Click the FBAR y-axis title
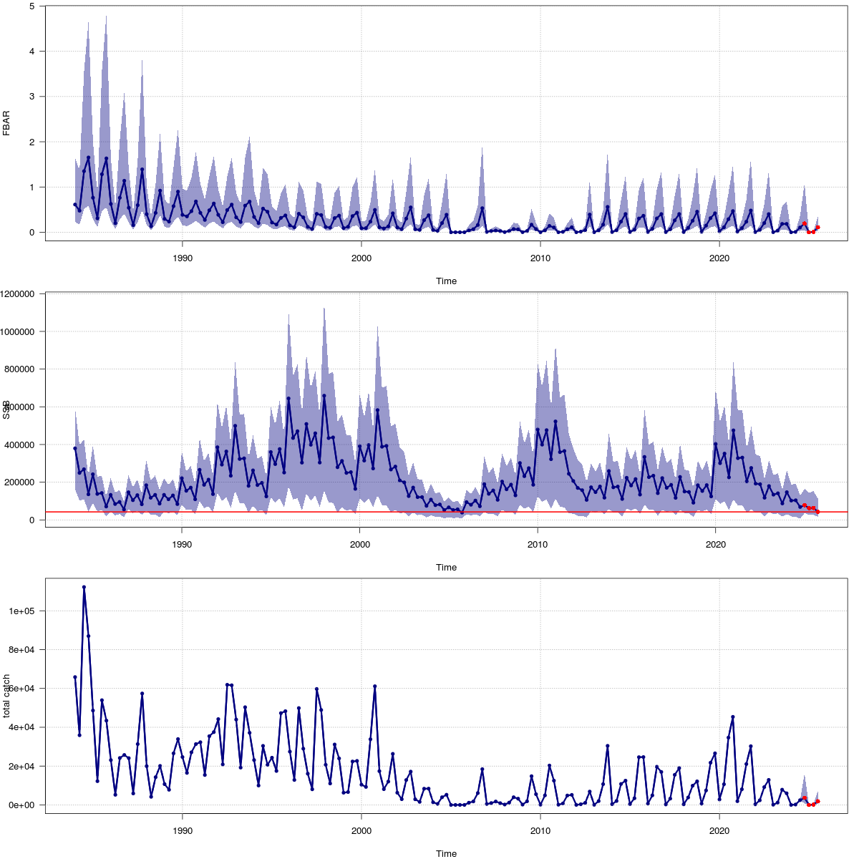pyautogui.click(x=6, y=123)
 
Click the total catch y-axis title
pyautogui.click(x=6, y=696)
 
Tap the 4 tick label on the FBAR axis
pyautogui.click(x=32, y=51)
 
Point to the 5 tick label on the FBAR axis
pyautogui.click(x=32, y=6)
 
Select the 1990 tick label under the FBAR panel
pyautogui.click(x=183, y=258)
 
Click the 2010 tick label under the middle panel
pyautogui.click(x=538, y=544)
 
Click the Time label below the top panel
pyautogui.click(x=446, y=281)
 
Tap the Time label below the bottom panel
pyautogui.click(x=446, y=853)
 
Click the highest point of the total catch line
pyautogui.click(x=84, y=587)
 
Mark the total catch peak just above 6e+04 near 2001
pyautogui.click(x=374, y=686)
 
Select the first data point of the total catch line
pyautogui.click(x=74, y=677)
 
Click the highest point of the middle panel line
pyautogui.click(x=324, y=395)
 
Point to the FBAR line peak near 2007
pyautogui.click(x=482, y=208)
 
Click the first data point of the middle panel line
pyautogui.click(x=74, y=448)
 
